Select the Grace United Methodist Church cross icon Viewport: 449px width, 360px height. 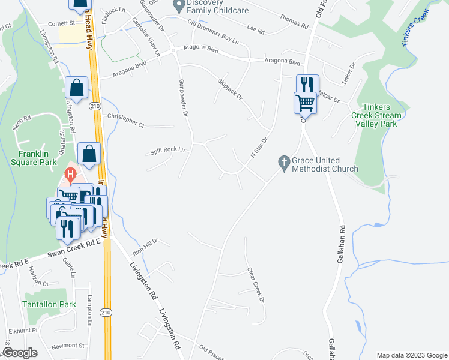coord(284,161)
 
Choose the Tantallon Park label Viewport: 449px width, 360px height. coord(49,304)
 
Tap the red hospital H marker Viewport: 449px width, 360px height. coord(70,176)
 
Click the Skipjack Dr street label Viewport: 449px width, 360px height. coord(230,91)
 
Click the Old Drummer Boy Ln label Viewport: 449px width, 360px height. coord(213,33)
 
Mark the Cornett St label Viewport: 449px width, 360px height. coord(61,23)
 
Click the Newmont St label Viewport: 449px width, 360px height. coord(68,346)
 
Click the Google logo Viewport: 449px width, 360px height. coord(20,353)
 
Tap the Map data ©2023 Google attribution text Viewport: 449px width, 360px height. coord(411,355)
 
